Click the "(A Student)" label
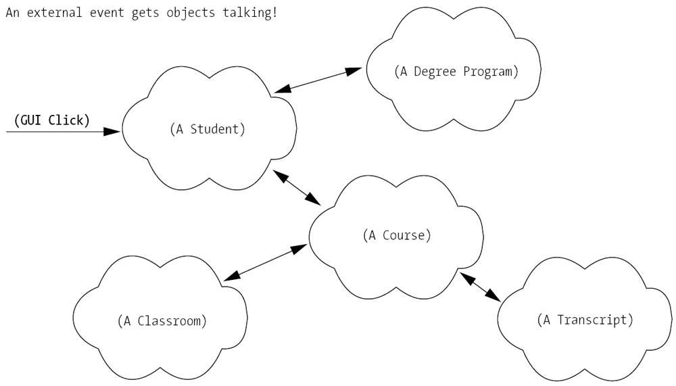click(208, 129)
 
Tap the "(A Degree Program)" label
click(456, 72)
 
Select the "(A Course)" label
click(397, 236)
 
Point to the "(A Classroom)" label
click(162, 320)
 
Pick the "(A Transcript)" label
click(585, 320)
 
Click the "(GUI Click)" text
click(51, 120)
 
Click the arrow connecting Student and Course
click(297, 187)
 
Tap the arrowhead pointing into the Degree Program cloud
click(354, 70)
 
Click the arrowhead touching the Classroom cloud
click(231, 275)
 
